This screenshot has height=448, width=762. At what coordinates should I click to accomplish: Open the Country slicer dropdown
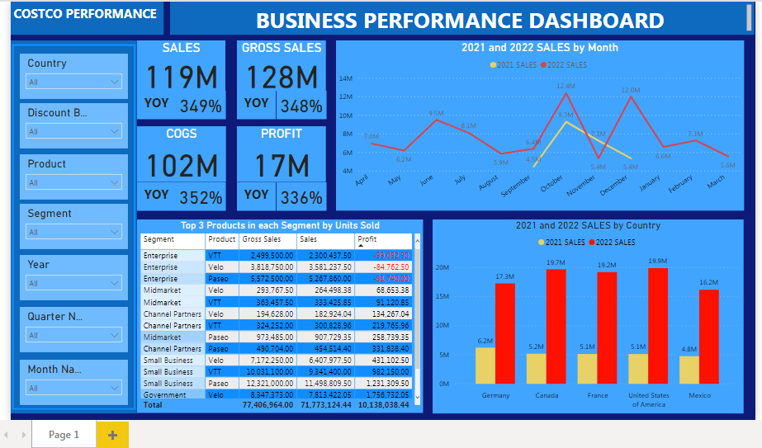[x=74, y=82]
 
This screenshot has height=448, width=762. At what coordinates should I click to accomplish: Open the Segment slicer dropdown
[x=74, y=232]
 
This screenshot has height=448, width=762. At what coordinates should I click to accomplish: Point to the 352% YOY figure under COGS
[x=206, y=197]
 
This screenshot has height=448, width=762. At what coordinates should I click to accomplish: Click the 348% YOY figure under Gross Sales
[x=301, y=106]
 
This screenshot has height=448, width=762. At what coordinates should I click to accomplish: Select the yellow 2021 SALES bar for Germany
[x=485, y=365]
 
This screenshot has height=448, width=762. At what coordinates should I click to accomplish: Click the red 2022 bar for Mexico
[x=709, y=336]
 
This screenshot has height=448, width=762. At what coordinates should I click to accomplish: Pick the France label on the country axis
[x=597, y=395]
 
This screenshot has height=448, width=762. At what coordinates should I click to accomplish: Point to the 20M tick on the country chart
[x=442, y=268]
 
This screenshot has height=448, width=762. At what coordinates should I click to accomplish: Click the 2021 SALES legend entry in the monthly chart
[x=514, y=64]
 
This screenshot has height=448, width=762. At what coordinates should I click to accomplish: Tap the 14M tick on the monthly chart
[x=346, y=79]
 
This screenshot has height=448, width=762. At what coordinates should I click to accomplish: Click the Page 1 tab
[x=64, y=435]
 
